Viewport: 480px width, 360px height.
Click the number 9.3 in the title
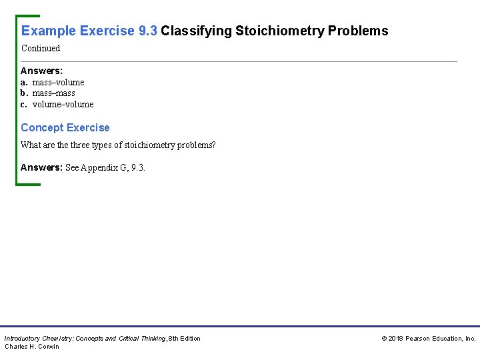[147, 31]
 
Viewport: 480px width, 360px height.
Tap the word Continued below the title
[41, 48]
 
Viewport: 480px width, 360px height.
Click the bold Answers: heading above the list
[41, 71]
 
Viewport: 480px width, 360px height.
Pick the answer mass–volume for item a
[58, 82]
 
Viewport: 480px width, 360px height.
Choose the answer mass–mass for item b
[53, 93]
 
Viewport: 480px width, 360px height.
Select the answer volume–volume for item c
[63, 105]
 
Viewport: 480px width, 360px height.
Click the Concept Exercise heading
[65, 127]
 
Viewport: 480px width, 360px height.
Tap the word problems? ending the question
[195, 145]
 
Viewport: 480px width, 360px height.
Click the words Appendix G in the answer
[106, 167]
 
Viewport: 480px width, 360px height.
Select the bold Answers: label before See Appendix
[41, 167]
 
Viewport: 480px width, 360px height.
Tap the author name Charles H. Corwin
[32, 347]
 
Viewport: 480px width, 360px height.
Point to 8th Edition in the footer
[184, 339]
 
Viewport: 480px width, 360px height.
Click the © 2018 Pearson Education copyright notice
[428, 339]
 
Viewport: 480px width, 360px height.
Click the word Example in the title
[49, 31]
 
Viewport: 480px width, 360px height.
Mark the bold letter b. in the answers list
[24, 93]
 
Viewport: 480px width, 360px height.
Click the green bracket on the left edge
[18, 100]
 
